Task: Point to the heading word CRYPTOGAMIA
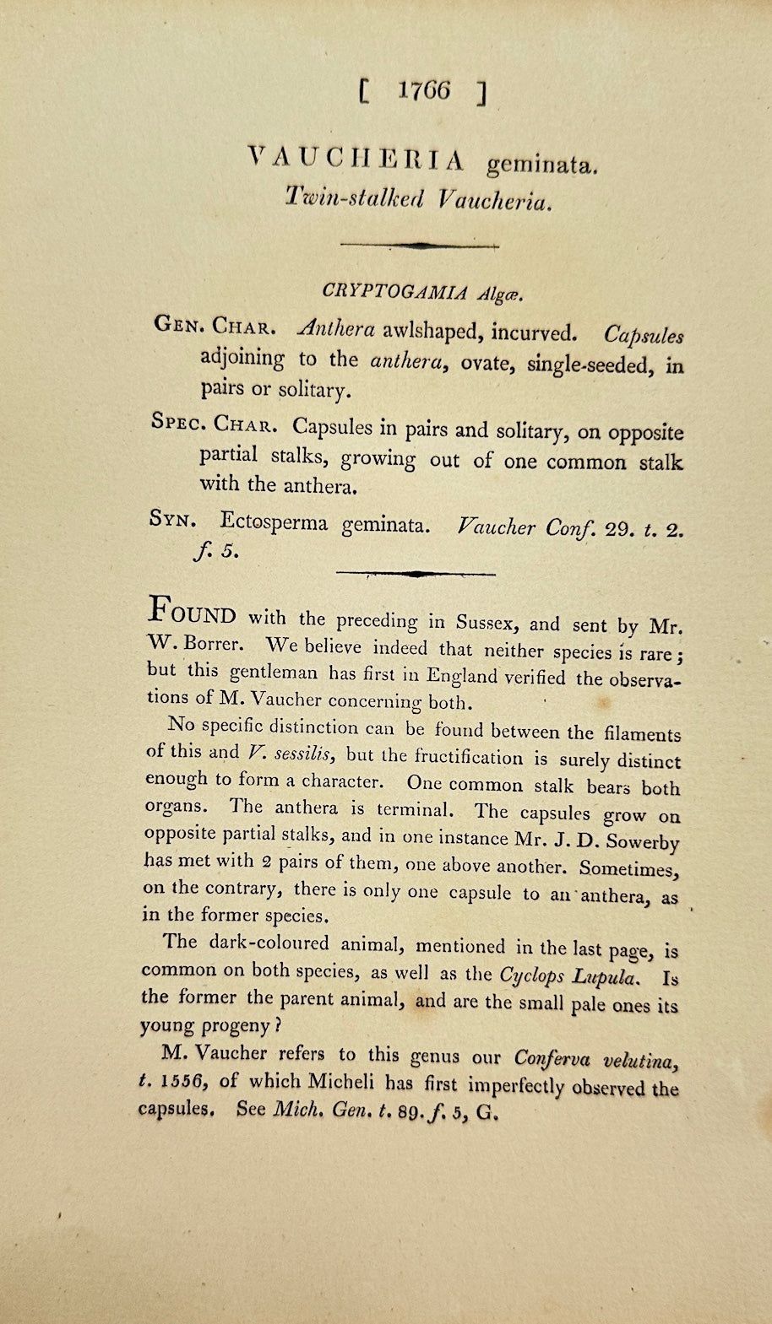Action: pos(394,291)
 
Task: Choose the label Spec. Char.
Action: pos(213,423)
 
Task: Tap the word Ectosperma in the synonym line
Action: pos(274,522)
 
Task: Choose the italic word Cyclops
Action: pos(532,975)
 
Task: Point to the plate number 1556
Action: pos(182,1081)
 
